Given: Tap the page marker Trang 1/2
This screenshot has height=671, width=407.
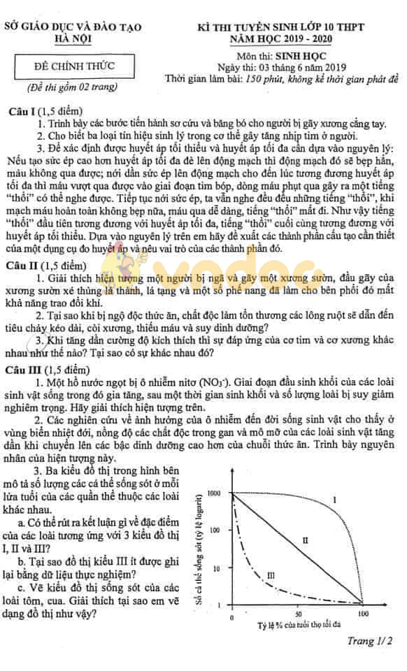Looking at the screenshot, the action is point(370,640).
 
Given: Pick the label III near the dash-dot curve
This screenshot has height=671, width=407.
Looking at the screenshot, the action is point(271,575).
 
